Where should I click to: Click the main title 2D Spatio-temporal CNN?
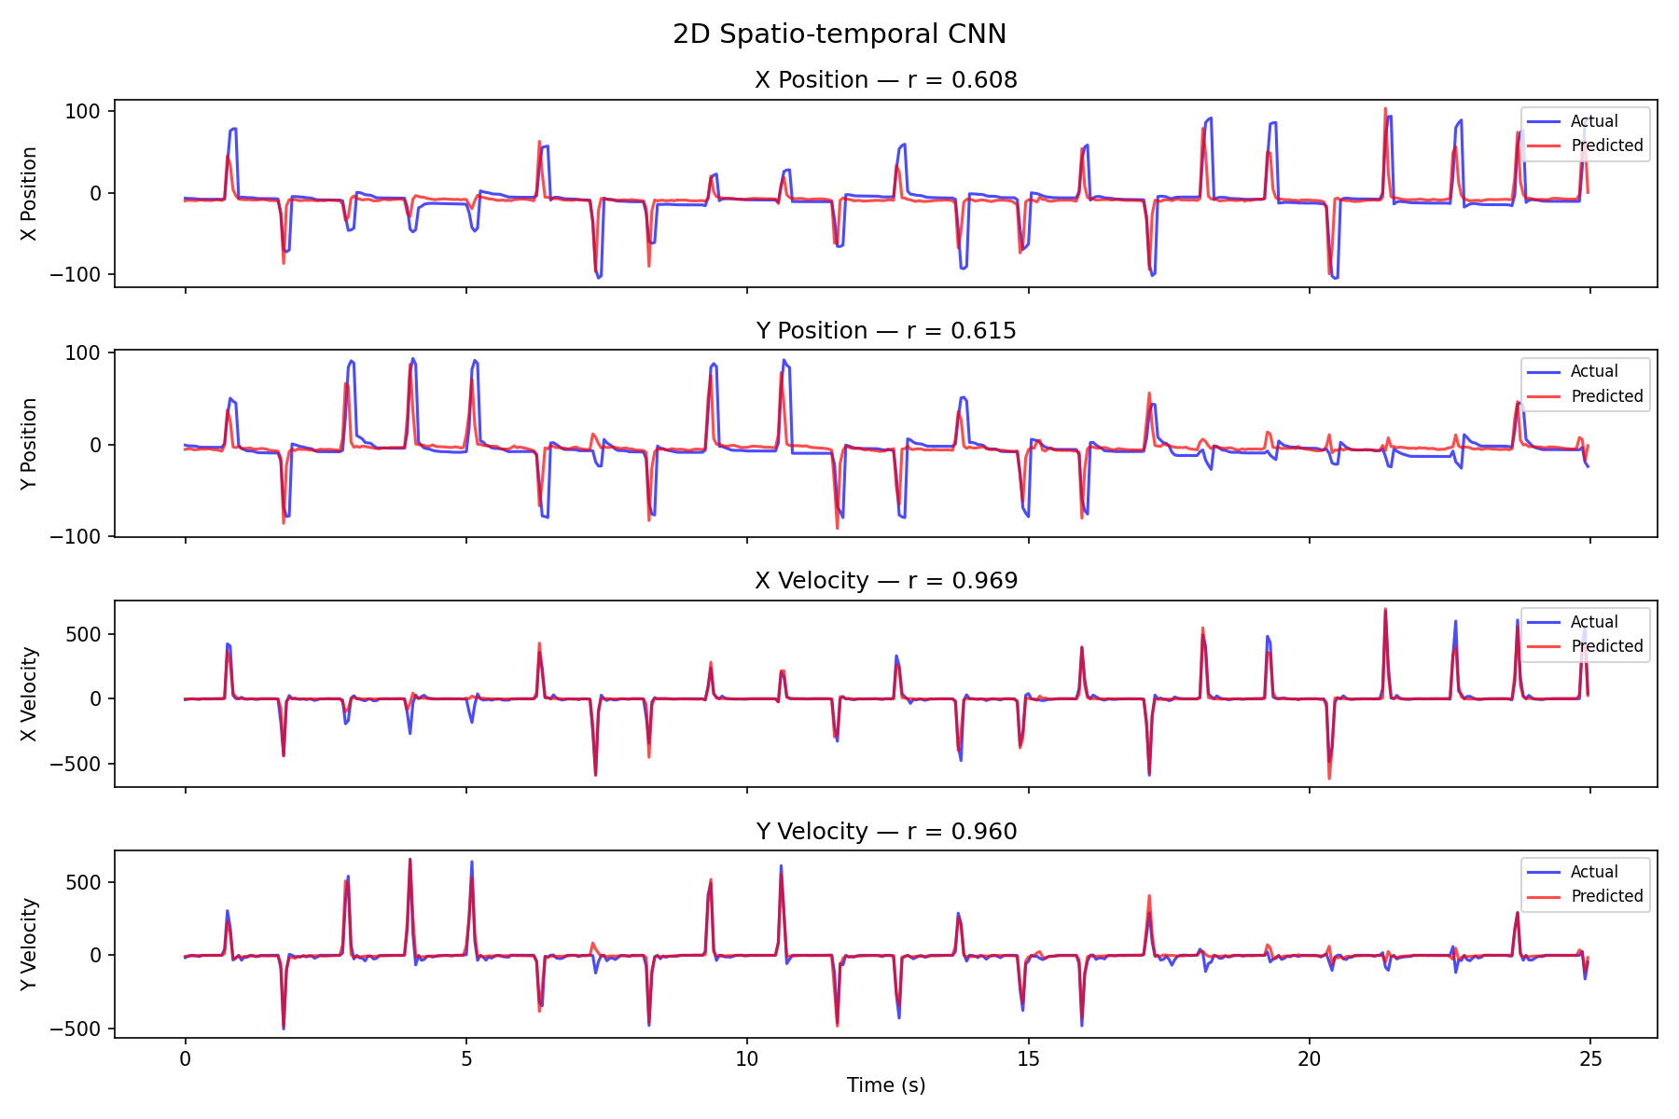coord(839,35)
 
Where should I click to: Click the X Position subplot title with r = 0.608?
coord(885,80)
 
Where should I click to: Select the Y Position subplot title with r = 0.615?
coord(885,331)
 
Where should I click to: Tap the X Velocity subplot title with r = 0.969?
coord(885,581)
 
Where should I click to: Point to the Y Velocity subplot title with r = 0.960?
coord(885,832)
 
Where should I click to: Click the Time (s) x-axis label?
coord(885,1085)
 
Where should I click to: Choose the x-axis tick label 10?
coord(746,1059)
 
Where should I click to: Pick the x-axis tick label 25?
coord(1590,1059)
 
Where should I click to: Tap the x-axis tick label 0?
coord(185,1059)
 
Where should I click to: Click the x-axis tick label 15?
coord(1028,1059)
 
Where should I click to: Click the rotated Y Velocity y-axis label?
coord(30,944)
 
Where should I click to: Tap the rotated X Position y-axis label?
coord(30,193)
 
